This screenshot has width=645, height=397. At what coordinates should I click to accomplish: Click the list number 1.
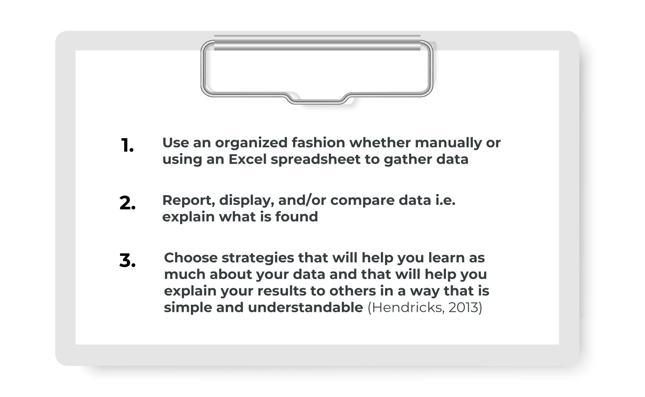coord(127,146)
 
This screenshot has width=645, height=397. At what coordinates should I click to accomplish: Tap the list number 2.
coord(127,203)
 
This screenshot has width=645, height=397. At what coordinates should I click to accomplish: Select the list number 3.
coord(127,261)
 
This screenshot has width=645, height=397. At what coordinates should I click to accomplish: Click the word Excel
coord(247,159)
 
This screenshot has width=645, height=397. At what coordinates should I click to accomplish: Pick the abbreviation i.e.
coord(445,200)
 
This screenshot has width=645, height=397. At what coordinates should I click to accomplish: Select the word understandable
coord(305,308)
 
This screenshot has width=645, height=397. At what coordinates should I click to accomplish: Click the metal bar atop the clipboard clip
coord(317,43)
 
